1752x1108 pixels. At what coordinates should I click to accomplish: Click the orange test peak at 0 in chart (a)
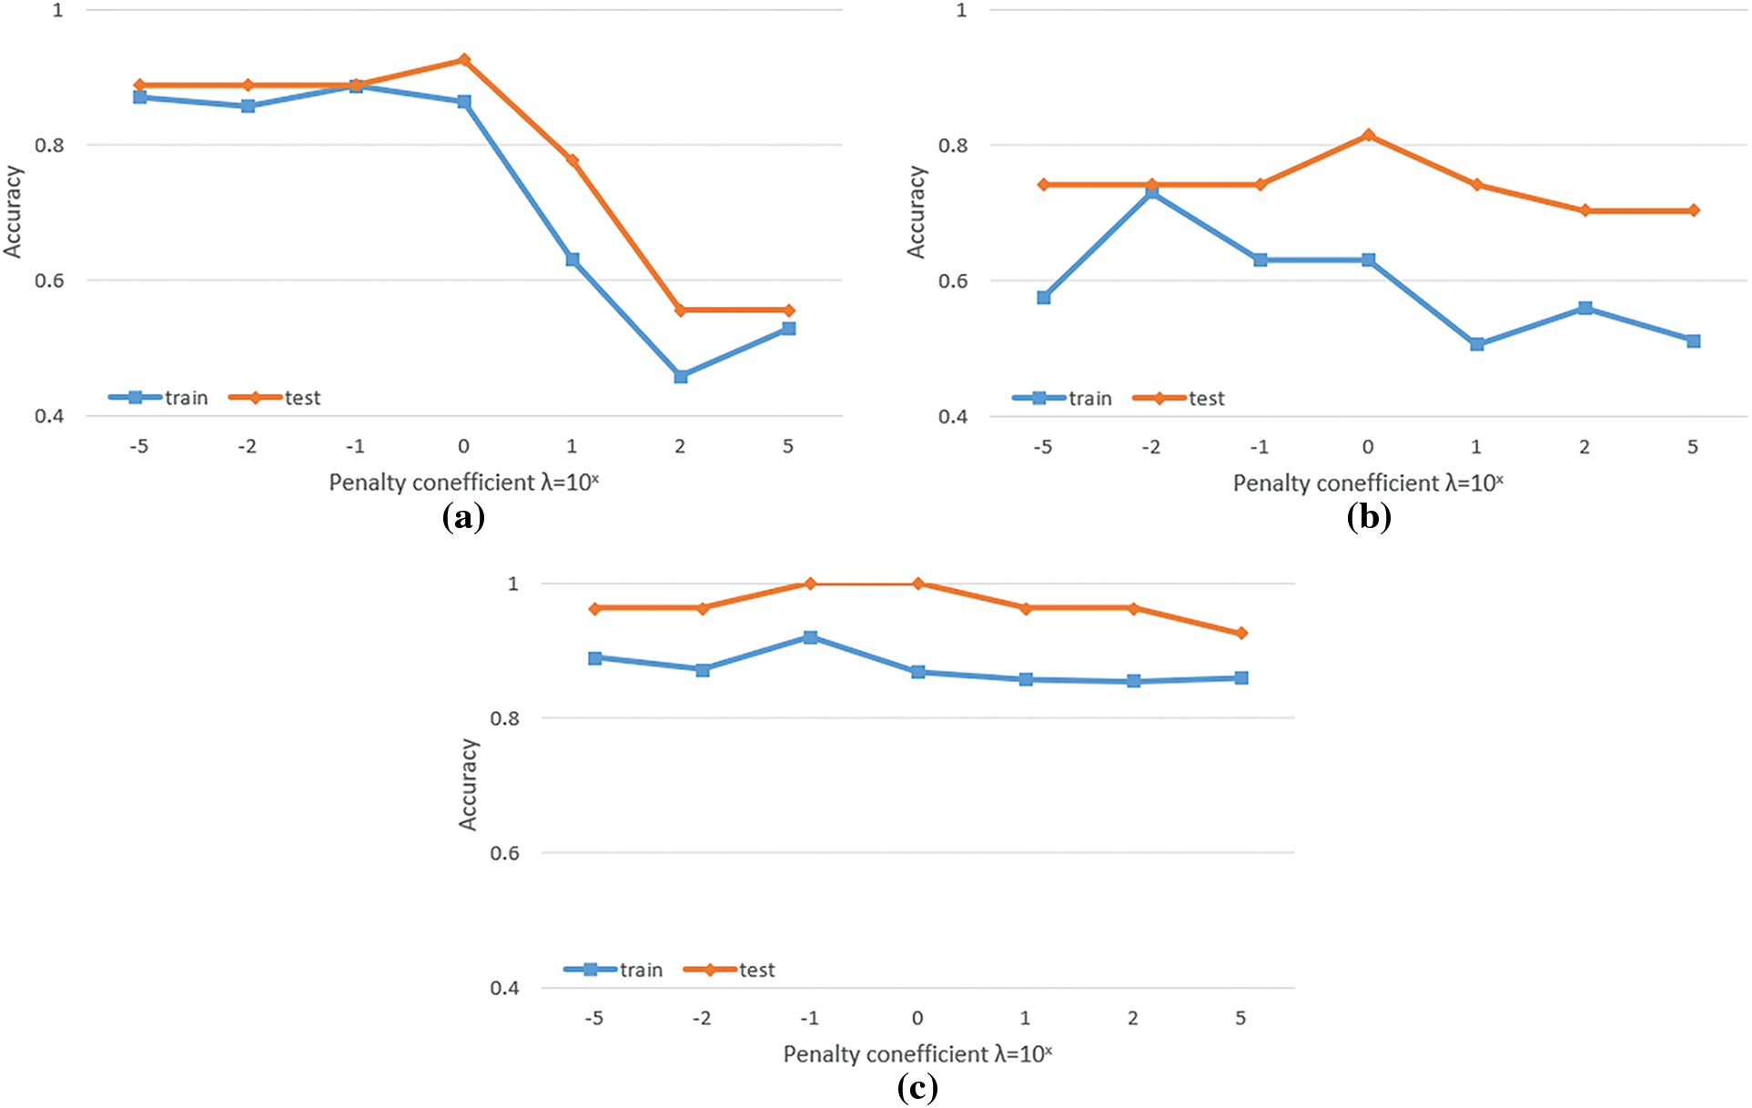point(464,60)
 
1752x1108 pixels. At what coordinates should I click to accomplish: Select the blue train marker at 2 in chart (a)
point(681,376)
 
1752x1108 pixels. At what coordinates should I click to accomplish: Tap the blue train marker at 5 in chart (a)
point(789,329)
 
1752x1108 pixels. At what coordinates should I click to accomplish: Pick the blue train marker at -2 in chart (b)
point(1152,193)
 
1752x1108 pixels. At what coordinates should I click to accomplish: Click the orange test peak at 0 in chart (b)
point(1368,136)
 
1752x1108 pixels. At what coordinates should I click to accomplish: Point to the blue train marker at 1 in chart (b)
point(1477,344)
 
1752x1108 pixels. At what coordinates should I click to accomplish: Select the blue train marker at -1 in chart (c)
point(810,637)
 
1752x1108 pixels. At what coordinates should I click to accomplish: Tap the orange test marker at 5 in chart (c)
point(1241,633)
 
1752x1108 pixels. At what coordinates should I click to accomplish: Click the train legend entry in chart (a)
point(159,398)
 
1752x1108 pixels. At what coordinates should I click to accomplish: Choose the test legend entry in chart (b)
point(1180,399)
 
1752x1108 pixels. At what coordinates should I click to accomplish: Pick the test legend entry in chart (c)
point(730,970)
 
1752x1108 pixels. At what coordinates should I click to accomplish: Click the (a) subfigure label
point(463,517)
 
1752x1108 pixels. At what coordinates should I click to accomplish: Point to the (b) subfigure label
point(1369,517)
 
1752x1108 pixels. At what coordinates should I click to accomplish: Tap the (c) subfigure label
point(917,1088)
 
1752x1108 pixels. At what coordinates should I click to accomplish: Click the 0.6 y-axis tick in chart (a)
point(49,280)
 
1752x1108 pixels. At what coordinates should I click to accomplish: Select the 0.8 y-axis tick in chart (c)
point(505,718)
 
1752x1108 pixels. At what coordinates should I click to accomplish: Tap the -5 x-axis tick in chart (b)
point(1043,447)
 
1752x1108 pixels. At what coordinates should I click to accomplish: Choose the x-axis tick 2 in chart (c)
point(1133,1018)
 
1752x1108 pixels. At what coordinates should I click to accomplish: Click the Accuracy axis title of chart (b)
point(916,212)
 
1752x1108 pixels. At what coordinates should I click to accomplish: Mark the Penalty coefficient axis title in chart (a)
point(463,483)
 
